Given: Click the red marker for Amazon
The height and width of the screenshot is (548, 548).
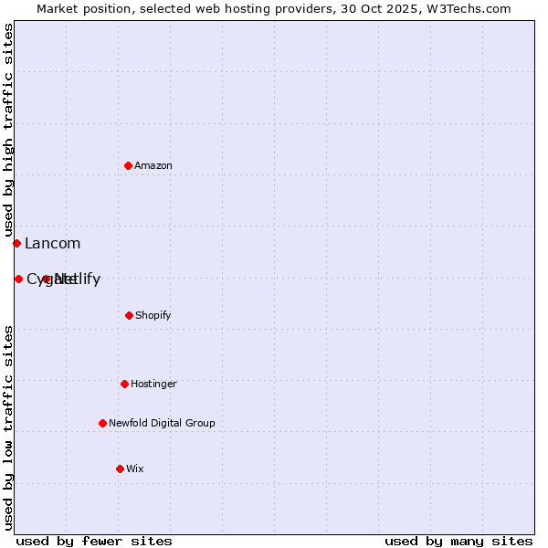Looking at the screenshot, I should (129, 165).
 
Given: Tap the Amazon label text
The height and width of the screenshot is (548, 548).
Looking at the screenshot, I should (153, 165).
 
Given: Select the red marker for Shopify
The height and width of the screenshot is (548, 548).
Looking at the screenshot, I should (129, 315).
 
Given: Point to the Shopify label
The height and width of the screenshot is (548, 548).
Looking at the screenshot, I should (153, 315).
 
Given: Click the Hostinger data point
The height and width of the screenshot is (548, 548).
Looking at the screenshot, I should (124, 384).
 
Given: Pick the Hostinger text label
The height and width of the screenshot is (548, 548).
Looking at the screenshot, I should (153, 384).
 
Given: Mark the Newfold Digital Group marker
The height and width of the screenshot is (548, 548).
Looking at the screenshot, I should (102, 423).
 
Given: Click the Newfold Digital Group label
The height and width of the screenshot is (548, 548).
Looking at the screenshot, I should (162, 423).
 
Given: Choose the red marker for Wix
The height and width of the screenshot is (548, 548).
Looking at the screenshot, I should (120, 469).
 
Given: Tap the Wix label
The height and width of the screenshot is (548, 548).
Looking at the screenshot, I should (135, 469).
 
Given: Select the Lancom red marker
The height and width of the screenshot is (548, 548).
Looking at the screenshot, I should (16, 243).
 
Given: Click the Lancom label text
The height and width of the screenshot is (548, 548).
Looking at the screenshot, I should (53, 244).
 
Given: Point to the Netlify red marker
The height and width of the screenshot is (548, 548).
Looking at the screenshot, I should (47, 279).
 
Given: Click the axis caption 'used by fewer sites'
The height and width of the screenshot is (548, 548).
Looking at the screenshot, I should (94, 541).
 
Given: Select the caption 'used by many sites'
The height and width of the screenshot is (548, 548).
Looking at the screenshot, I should (458, 541).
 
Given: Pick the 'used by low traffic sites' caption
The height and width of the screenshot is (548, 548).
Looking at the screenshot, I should (8, 427).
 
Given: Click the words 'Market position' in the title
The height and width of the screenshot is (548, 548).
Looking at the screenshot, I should (80, 8).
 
